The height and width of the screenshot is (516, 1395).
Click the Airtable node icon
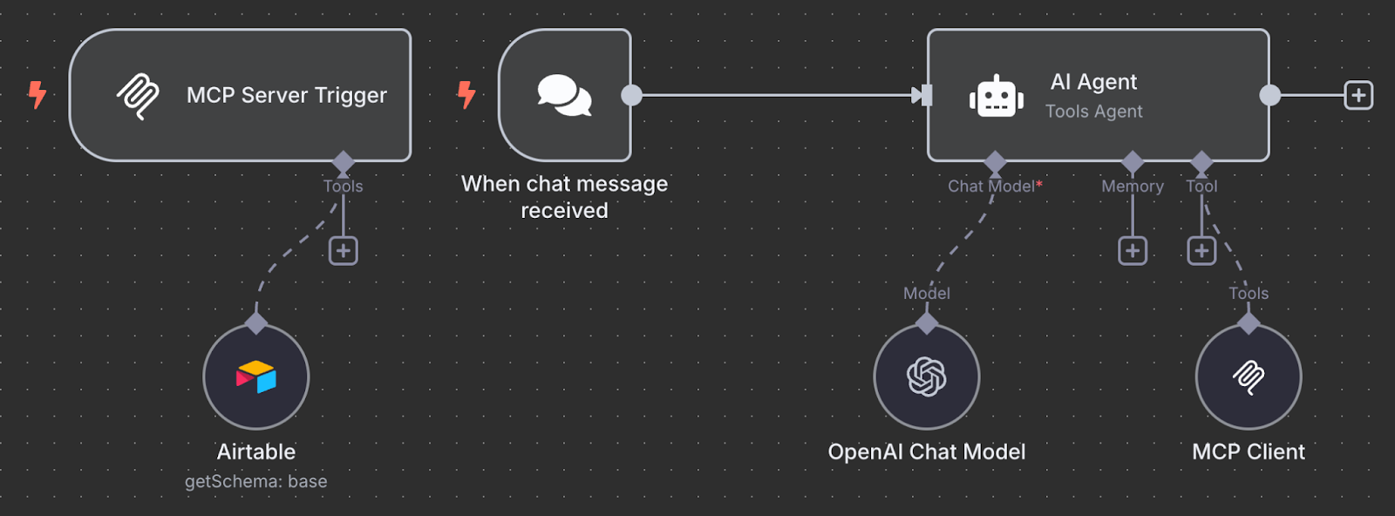click(x=256, y=377)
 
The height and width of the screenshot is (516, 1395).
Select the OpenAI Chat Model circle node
click(x=926, y=377)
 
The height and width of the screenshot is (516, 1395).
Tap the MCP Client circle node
click(x=1248, y=377)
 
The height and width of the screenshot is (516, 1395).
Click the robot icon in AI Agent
click(x=996, y=96)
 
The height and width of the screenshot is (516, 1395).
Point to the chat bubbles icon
click(x=564, y=95)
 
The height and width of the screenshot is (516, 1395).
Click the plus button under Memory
click(x=1132, y=251)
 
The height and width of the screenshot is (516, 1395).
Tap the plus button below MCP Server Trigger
click(x=344, y=251)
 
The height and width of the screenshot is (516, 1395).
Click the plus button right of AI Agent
click(x=1358, y=95)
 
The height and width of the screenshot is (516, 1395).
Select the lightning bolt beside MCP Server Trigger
click(x=37, y=94)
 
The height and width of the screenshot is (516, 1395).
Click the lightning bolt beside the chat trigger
click(x=466, y=94)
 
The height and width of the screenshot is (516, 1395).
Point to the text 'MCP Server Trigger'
click(x=286, y=95)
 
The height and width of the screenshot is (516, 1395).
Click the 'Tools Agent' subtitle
click(x=1093, y=112)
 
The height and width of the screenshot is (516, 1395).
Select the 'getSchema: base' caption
click(x=255, y=481)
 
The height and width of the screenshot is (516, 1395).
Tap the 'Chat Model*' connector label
click(x=994, y=186)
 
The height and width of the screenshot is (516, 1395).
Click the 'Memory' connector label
click(x=1132, y=186)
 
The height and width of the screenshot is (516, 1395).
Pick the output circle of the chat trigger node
click(x=631, y=95)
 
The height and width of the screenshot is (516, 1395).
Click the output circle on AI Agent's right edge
click(x=1269, y=95)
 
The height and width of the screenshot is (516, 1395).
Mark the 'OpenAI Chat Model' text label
click(x=926, y=451)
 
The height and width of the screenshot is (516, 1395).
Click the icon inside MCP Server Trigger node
click(x=138, y=95)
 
